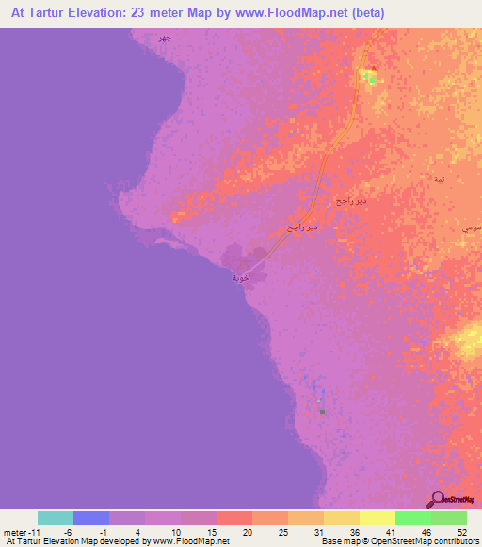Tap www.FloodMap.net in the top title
tap(253, 13)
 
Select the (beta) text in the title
tap(333, 13)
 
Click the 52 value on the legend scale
tap(461, 531)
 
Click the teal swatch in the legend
tap(56, 518)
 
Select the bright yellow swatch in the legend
tap(378, 518)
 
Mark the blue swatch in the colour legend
tap(91, 518)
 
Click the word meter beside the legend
tap(16, 531)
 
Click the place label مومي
tap(471, 228)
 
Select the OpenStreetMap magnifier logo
tap(437, 499)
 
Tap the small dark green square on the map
tap(322, 412)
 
